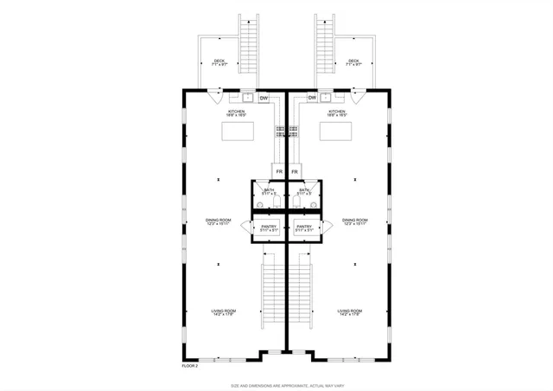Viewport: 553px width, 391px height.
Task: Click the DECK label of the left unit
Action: click(219, 61)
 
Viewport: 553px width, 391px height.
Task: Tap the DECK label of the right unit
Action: click(354, 61)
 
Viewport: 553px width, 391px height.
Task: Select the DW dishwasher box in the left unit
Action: click(264, 98)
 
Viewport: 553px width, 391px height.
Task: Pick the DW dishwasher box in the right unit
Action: click(311, 98)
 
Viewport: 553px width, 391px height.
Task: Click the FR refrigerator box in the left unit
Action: click(280, 171)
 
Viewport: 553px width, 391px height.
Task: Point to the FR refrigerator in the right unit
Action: click(295, 171)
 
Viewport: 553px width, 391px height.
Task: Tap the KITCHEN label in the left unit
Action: click(237, 112)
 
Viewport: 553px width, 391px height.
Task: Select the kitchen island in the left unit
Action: click(238, 131)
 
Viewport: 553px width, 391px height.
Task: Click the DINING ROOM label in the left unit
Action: click(218, 221)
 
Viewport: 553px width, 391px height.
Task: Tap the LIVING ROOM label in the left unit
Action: click(224, 311)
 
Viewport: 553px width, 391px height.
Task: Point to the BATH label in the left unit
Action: click(269, 190)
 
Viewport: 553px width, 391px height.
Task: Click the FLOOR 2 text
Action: click(190, 366)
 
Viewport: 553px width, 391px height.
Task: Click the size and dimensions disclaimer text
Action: click(276, 386)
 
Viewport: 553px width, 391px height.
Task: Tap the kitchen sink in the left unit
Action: click(246, 98)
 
